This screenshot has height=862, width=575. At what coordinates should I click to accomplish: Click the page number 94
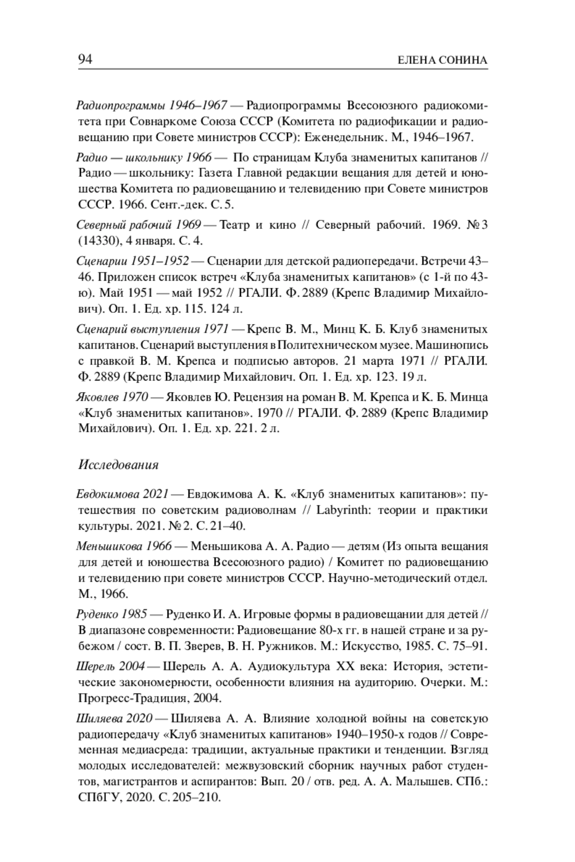[85, 59]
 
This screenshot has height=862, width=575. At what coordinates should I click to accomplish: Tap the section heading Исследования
[118, 465]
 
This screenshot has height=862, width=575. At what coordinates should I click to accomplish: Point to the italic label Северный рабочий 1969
[139, 225]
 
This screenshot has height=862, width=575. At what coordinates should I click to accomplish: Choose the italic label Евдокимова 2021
[123, 494]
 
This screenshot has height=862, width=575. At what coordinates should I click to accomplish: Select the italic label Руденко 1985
[112, 614]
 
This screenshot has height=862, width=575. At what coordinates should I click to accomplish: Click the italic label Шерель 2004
[110, 667]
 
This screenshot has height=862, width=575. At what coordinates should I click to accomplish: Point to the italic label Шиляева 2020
[115, 719]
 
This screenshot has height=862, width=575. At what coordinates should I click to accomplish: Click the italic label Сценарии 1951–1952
[133, 261]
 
